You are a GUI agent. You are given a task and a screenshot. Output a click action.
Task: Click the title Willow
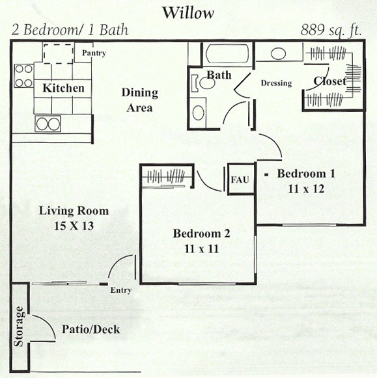point(188,13)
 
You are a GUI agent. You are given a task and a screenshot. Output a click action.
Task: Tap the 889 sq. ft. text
point(331,31)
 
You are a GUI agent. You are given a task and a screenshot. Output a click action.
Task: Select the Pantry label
point(94,53)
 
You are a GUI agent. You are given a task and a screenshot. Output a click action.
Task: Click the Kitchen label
point(63,88)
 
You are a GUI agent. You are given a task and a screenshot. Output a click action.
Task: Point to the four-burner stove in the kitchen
point(24,76)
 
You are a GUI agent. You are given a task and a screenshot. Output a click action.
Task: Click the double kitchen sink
point(48,124)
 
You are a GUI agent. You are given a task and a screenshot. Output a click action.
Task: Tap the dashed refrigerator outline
point(59,53)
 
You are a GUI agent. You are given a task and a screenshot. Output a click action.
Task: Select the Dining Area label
point(140,100)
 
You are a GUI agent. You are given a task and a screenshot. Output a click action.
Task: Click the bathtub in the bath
point(227,53)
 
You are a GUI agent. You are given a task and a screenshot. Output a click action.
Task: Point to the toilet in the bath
point(203,83)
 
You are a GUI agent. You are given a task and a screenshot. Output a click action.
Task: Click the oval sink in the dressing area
point(278,53)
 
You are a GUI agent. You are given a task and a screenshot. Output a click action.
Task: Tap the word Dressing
point(277,83)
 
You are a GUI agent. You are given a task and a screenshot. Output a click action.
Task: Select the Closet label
point(330,81)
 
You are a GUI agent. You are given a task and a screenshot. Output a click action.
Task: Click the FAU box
point(241,179)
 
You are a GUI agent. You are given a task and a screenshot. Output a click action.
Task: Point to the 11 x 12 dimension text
point(306,189)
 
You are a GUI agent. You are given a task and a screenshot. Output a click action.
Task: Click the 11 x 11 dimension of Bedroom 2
point(202,249)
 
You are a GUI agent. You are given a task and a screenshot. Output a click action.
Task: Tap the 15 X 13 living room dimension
point(74,226)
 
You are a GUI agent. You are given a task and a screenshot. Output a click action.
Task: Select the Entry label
point(121,290)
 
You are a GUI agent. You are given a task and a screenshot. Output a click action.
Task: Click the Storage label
point(19,326)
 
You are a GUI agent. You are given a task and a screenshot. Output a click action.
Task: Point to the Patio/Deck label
point(91,329)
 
